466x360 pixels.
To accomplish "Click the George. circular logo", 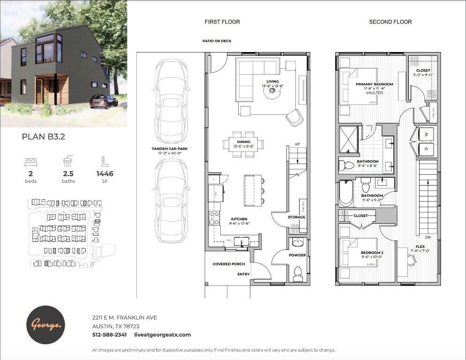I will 46,325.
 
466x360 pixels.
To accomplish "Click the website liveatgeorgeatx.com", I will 162,335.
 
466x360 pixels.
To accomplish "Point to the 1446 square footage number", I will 105,173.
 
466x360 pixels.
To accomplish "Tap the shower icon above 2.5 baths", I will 68,161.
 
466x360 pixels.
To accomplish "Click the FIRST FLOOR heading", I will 222,22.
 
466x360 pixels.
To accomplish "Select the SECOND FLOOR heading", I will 390,22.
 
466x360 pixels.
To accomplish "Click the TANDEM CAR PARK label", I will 170,149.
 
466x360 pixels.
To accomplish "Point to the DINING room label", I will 243,142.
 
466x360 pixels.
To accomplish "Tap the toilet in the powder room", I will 298,274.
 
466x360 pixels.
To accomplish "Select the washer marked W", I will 426,134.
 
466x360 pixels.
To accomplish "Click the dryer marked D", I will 426,150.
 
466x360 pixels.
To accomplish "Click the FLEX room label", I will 420,247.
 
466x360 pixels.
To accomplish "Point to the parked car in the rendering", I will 103,101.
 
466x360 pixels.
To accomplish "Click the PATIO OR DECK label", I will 217,41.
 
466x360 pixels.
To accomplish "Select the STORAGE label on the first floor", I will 296,217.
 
